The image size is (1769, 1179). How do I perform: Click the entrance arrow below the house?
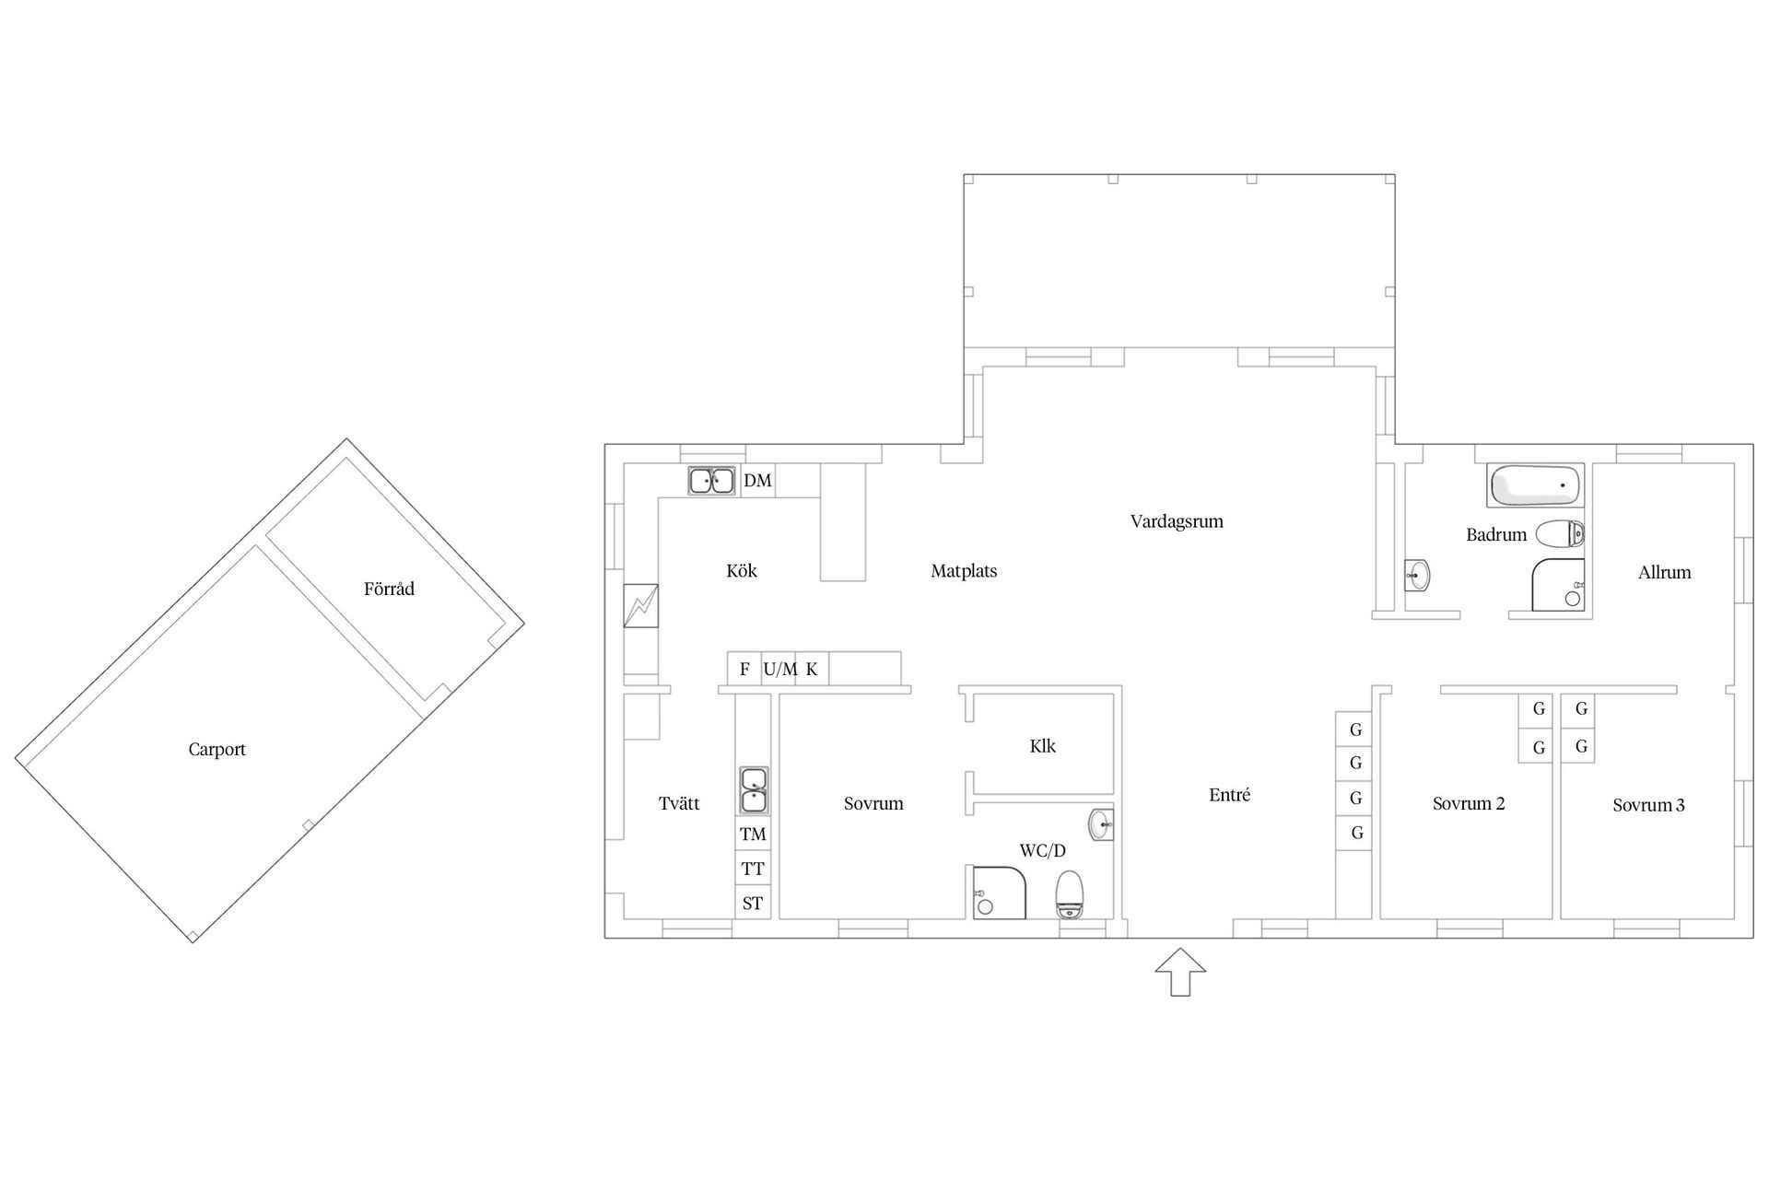[x=1180, y=973]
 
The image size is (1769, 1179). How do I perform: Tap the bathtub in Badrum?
[x=1535, y=485]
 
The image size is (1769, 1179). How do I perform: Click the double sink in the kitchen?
[x=711, y=481]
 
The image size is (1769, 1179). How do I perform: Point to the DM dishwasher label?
[x=757, y=481]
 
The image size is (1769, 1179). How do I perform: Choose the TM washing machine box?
[x=753, y=835]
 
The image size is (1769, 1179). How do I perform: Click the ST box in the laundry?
[x=753, y=903]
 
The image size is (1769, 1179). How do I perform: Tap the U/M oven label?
[x=780, y=670]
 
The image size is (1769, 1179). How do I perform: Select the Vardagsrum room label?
[x=1177, y=521]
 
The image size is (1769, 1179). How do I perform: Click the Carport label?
[x=217, y=750]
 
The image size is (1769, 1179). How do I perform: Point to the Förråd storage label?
[x=389, y=589]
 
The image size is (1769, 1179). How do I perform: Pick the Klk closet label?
[x=1043, y=746]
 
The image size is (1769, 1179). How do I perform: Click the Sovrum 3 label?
[x=1648, y=805]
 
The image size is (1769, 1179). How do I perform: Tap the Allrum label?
[x=1665, y=572]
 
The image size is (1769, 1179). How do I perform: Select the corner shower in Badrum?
[x=1558, y=585]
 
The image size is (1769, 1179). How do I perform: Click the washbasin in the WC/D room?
[x=1101, y=823]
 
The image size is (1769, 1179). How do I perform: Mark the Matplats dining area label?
[x=964, y=571]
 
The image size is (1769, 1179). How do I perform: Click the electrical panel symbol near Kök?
[x=640, y=606]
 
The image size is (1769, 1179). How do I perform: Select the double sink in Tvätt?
[x=754, y=790]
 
